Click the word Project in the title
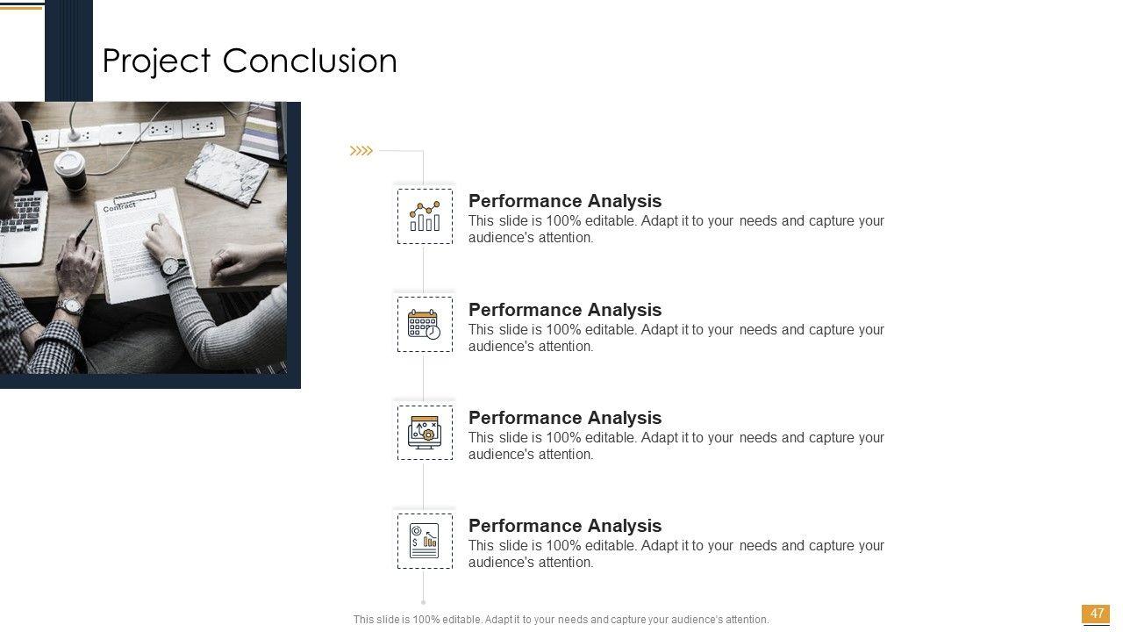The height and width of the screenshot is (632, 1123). pyautogui.click(x=156, y=61)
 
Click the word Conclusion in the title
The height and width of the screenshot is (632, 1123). pyautogui.click(x=310, y=61)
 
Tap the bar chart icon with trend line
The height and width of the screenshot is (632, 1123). pyautogui.click(x=425, y=216)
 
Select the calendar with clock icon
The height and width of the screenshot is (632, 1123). pyautogui.click(x=424, y=325)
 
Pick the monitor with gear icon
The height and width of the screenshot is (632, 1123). pyautogui.click(x=425, y=433)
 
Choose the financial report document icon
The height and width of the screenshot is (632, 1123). pyautogui.click(x=424, y=541)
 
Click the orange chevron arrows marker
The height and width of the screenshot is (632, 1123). pyautogui.click(x=361, y=150)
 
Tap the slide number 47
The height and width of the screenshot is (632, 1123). pyautogui.click(x=1097, y=613)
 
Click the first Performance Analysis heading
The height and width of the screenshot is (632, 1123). pyautogui.click(x=565, y=201)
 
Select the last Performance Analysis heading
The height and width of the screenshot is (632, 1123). pyautogui.click(x=565, y=526)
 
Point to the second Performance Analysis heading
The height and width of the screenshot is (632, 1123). pyautogui.click(x=565, y=310)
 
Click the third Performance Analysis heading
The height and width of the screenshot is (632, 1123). pyautogui.click(x=565, y=417)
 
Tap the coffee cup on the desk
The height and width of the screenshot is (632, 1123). pyautogui.click(x=71, y=169)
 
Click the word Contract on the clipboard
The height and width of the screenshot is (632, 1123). pyautogui.click(x=119, y=206)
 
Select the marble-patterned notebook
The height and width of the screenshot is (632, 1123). pyautogui.click(x=227, y=174)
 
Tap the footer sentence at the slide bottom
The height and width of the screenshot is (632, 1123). pyautogui.click(x=561, y=620)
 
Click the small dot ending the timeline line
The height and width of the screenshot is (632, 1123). pyautogui.click(x=424, y=602)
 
